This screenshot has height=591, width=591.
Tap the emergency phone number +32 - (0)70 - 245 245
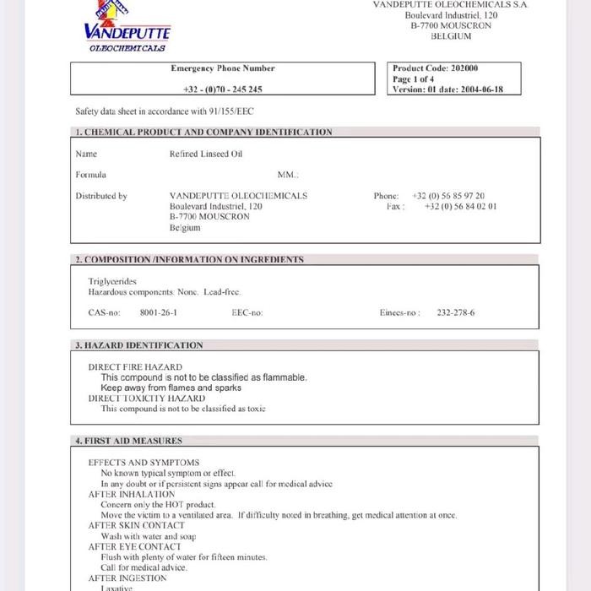tap(223, 89)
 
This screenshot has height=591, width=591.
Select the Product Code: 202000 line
tap(436, 68)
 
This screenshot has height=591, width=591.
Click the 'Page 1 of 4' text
tap(414, 79)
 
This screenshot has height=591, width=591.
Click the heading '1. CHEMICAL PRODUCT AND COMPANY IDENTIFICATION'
tap(203, 132)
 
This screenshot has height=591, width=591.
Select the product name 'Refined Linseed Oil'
tap(206, 154)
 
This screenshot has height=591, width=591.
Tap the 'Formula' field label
tap(91, 175)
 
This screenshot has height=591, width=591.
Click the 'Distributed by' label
tap(101, 196)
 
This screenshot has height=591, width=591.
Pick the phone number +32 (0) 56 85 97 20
tap(448, 196)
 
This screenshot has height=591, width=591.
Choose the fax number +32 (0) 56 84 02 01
tap(460, 206)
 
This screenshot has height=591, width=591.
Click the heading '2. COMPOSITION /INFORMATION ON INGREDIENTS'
tap(189, 259)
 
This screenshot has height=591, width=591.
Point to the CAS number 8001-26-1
tap(159, 312)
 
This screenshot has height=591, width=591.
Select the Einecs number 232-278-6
tap(456, 312)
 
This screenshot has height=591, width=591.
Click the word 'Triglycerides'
tap(112, 281)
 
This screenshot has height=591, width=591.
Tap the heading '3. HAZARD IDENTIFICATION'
tap(139, 345)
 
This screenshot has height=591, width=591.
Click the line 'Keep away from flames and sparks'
tap(171, 388)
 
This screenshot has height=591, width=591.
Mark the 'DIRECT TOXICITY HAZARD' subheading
tap(147, 399)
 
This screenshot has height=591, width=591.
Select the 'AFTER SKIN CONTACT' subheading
tap(137, 525)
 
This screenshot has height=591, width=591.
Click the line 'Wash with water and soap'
tap(149, 536)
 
